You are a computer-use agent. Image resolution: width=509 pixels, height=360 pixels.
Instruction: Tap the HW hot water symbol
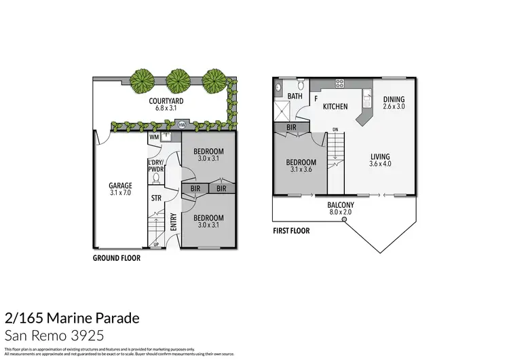pos(181,124)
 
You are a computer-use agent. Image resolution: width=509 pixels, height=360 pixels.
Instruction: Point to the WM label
pos(153,137)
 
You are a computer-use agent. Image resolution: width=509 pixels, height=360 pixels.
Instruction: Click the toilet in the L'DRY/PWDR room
pos(155,179)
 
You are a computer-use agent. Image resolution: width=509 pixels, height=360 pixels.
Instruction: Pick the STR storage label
pos(155,199)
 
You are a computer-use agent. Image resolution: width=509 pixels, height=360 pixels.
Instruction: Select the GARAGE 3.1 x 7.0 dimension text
pos(120,193)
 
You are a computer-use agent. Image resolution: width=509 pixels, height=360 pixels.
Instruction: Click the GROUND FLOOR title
pos(117,259)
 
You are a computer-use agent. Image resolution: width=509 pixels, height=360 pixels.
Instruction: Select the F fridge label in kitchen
pos(316,98)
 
